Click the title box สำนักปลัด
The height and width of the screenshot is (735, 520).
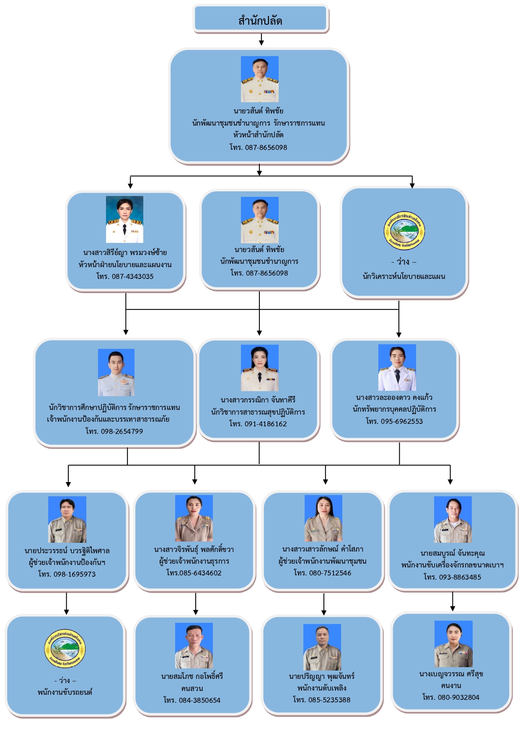point(260,20)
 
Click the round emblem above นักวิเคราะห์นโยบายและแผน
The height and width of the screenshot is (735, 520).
point(404,230)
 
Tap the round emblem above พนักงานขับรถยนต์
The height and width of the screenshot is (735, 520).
point(65,649)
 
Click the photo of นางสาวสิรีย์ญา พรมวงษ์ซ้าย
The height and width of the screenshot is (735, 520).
point(124,219)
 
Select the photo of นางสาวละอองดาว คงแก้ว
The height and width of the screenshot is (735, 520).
point(397,367)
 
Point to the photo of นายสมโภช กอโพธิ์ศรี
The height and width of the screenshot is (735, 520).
point(194,645)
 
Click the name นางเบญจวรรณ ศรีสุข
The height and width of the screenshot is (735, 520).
point(451,674)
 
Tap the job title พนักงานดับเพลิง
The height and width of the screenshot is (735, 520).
point(322,688)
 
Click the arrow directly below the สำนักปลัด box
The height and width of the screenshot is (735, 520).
point(261,40)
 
